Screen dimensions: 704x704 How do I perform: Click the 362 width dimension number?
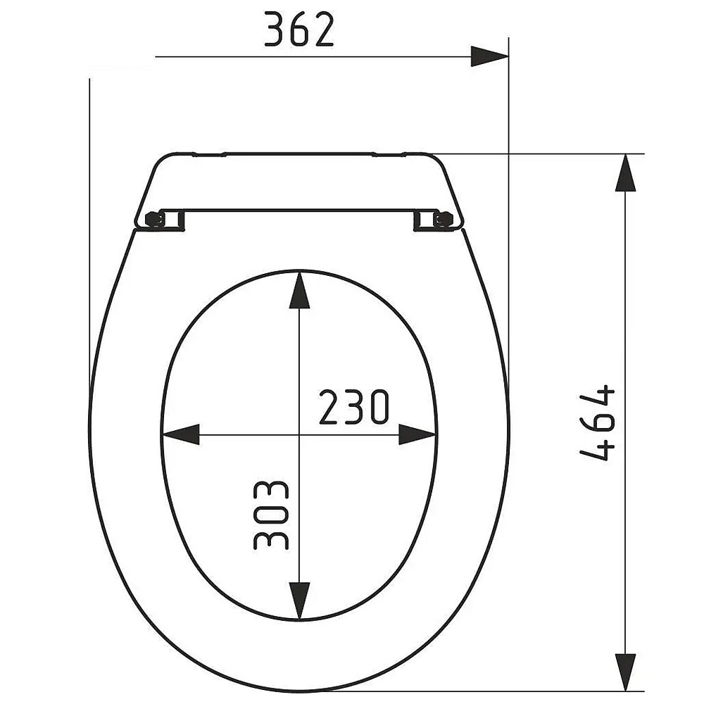[299, 29]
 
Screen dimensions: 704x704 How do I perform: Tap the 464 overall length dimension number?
[597, 422]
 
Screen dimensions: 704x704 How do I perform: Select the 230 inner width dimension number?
[354, 407]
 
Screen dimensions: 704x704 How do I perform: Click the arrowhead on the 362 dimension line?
[489, 56]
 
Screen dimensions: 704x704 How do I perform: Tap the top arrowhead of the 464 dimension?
[625, 172]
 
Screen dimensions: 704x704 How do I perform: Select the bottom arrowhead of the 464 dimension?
[625, 672]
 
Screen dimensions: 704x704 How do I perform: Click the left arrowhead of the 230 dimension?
[180, 434]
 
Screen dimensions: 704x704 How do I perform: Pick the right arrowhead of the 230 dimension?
[417, 434]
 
